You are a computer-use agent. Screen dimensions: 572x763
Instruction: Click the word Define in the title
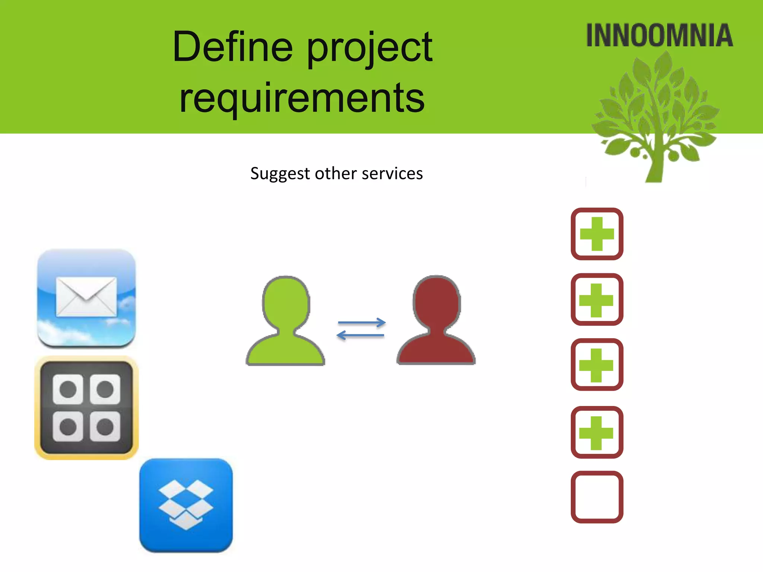[233, 48]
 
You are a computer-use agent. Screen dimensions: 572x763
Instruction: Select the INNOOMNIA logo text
[659, 36]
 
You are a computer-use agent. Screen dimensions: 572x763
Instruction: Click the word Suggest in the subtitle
[280, 174]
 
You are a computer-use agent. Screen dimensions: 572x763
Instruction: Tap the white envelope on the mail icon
[86, 296]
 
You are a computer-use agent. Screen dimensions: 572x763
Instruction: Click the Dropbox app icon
[186, 505]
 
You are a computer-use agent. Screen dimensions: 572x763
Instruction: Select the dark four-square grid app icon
[86, 408]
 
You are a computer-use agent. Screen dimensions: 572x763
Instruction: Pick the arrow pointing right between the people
[361, 322]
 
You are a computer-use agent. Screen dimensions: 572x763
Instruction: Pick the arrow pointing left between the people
[361, 335]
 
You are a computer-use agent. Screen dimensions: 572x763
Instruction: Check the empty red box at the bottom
[597, 497]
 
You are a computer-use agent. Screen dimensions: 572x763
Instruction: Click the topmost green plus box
[597, 234]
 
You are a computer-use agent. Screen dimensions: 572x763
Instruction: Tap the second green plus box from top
[597, 299]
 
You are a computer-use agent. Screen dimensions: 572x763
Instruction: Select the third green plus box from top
[597, 365]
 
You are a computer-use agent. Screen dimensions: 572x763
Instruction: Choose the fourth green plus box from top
[597, 432]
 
